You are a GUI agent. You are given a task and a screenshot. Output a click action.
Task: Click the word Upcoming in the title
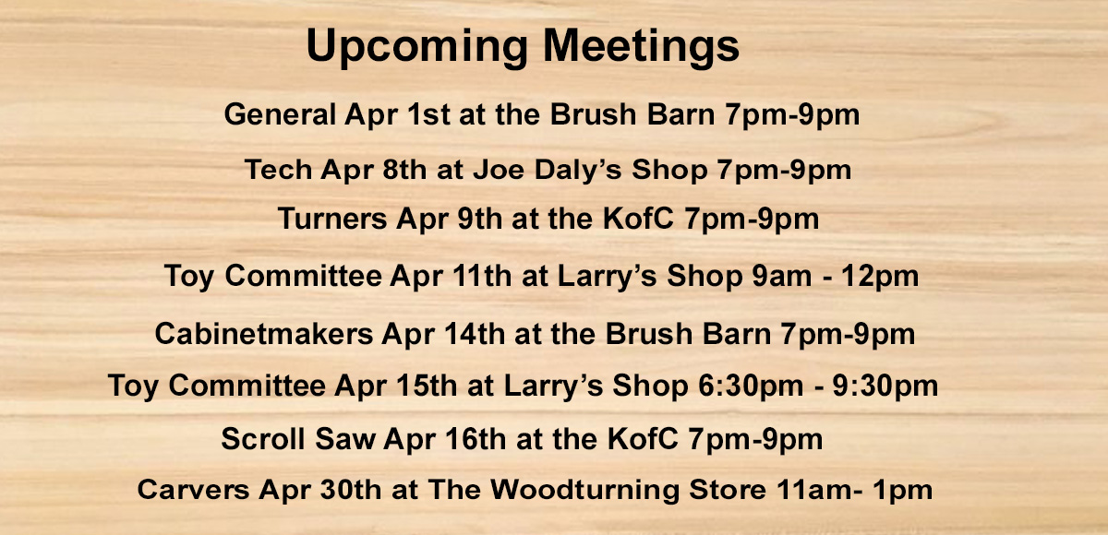coord(417,47)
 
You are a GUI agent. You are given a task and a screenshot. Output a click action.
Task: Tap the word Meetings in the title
coord(641,47)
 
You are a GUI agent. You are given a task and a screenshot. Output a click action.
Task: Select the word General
coord(280,114)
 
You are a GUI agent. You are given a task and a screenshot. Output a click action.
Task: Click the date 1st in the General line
coord(428,114)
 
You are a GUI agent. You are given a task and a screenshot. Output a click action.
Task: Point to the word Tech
coord(278,170)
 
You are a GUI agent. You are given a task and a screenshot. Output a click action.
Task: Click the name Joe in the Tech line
coord(498,170)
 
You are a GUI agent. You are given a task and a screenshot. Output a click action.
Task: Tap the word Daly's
coord(578,171)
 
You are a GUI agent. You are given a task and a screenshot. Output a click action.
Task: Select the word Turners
coord(331,219)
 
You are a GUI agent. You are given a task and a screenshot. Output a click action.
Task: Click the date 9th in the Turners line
coord(479,219)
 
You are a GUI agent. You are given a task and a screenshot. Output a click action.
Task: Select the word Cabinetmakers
coord(264,333)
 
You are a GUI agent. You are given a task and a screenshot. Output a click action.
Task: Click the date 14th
coord(475,333)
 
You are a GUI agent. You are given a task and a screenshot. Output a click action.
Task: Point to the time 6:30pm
coord(751,386)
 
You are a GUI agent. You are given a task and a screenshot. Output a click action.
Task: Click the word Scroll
coord(262,439)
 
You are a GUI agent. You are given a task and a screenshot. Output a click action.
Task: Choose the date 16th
coord(476,439)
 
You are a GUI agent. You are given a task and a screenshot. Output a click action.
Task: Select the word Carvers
coord(193,490)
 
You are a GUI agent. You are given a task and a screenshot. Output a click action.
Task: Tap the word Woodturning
coord(584,491)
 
